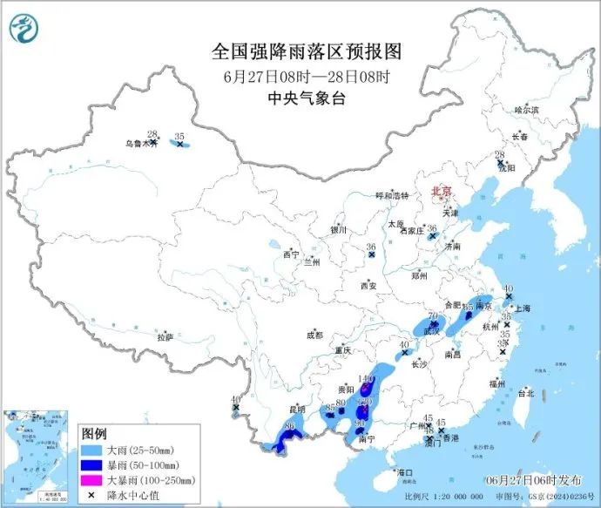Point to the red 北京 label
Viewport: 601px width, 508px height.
[x=443, y=191]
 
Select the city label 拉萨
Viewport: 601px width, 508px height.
[x=165, y=337]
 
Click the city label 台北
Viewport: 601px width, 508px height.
[x=526, y=393]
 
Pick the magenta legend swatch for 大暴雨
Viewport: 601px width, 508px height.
[x=91, y=480]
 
